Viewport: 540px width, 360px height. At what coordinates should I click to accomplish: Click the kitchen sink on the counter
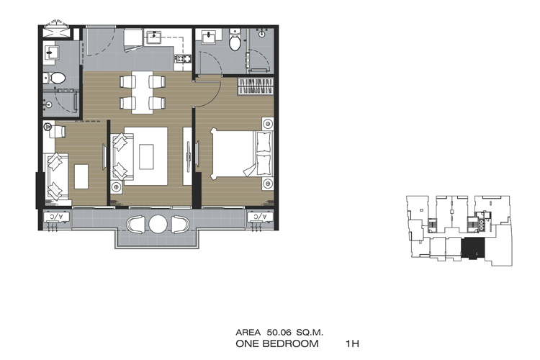(x=154, y=37)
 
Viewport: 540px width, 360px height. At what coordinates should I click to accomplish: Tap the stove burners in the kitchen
(x=183, y=58)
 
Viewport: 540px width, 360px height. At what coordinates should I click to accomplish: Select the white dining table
(x=143, y=92)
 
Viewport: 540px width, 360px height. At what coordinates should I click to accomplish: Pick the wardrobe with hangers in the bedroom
(x=256, y=86)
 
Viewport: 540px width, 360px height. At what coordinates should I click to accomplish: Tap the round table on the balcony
(x=158, y=224)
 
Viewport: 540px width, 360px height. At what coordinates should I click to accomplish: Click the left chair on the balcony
(x=135, y=224)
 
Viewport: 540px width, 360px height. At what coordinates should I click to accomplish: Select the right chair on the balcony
(x=180, y=224)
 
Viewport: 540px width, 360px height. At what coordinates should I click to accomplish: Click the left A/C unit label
(x=56, y=217)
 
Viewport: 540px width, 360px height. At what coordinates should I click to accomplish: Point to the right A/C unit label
(x=260, y=216)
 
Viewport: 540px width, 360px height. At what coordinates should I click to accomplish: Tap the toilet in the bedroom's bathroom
(x=235, y=41)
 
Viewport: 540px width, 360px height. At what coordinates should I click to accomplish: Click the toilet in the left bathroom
(x=55, y=78)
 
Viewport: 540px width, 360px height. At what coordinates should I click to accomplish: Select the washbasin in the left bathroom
(x=50, y=53)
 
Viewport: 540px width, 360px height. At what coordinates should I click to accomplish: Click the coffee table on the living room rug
(x=146, y=157)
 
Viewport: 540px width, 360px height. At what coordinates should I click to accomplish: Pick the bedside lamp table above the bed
(x=268, y=123)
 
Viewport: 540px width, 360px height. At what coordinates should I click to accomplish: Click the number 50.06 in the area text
(x=279, y=333)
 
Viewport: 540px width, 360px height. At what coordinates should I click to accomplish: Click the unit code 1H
(x=352, y=343)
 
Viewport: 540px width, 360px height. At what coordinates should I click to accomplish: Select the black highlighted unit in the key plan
(x=473, y=248)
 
